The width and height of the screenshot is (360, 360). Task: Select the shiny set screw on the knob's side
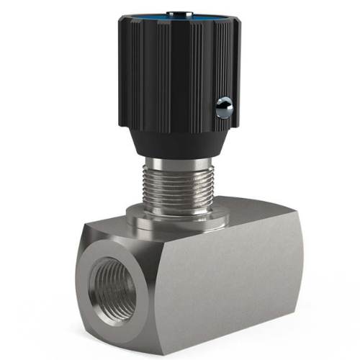point(225,107)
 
